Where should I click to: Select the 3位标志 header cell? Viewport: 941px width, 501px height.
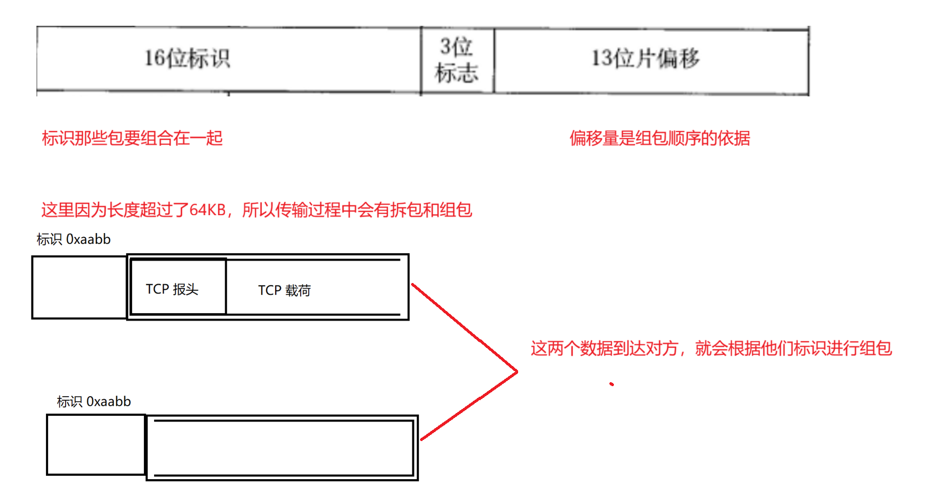pyautogui.click(x=456, y=60)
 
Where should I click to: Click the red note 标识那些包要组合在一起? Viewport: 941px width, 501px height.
pyautogui.click(x=132, y=138)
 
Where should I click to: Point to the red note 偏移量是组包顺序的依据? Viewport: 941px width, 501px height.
pyautogui.click(x=659, y=138)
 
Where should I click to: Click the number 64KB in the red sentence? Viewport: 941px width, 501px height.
pyautogui.click(x=207, y=210)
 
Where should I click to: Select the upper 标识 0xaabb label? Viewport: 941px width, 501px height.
pyautogui.click(x=73, y=239)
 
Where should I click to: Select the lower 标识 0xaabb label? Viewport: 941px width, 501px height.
pyautogui.click(x=94, y=401)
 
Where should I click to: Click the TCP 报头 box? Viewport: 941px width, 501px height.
pyautogui.click(x=178, y=287)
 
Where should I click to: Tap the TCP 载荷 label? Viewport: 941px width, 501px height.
pyautogui.click(x=284, y=290)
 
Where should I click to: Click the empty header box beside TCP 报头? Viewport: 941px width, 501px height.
pyautogui.click(x=80, y=287)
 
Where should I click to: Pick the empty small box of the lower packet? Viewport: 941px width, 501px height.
pyautogui.click(x=96, y=445)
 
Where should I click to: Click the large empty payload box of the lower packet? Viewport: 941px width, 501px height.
pyautogui.click(x=282, y=447)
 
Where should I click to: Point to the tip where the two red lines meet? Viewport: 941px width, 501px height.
pyautogui.click(x=516, y=371)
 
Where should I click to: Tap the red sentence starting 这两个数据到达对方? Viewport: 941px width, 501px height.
pyautogui.click(x=711, y=349)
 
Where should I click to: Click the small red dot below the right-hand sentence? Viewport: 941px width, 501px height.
pyautogui.click(x=612, y=384)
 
